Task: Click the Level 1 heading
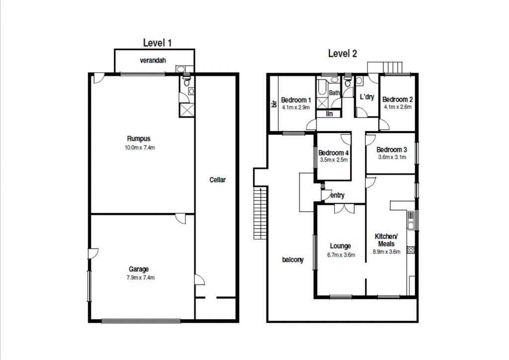tap(158, 43)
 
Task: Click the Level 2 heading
tap(342, 54)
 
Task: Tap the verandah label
tap(153, 60)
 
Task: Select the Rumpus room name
tap(139, 139)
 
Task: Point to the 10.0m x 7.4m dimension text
tap(140, 148)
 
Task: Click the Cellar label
tap(218, 180)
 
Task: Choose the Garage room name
tap(139, 269)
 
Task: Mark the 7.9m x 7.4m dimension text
tap(141, 277)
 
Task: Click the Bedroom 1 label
tap(296, 100)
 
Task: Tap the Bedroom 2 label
tap(398, 99)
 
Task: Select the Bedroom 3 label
tap(392, 150)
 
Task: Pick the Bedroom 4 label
tap(334, 153)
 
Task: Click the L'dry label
tap(367, 97)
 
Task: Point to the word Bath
tap(335, 93)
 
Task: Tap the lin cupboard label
tap(330, 114)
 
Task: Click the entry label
tap(338, 195)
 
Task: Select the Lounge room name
tap(340, 246)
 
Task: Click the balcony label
tap(293, 260)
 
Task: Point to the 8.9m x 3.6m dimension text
tap(386, 252)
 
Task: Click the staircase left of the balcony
tap(260, 213)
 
